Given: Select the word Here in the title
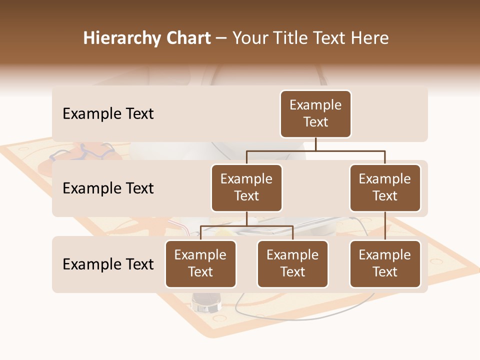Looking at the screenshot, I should [369, 38].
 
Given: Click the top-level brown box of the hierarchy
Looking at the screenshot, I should [315, 114].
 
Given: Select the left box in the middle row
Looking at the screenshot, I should [246, 188].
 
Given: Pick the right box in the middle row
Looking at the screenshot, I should [385, 188].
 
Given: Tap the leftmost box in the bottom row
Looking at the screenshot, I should [200, 264].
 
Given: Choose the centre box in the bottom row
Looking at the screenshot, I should [292, 264].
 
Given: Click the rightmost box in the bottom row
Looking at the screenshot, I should [385, 264].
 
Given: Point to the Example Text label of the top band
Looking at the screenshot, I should [108, 114].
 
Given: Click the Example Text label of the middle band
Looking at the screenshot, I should [108, 188].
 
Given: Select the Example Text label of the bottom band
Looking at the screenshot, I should [108, 264].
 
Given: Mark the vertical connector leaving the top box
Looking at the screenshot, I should [315, 144].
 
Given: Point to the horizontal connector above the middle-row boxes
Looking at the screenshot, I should [315, 150].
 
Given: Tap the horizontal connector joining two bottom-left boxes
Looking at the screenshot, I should [246, 226].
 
